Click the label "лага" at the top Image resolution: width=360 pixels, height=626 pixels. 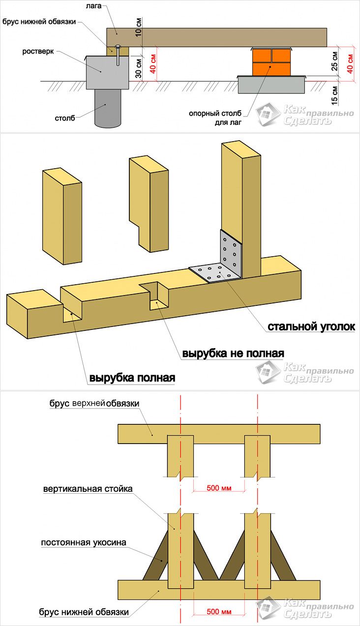(x=93, y=6)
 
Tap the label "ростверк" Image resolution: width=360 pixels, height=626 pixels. (x=38, y=52)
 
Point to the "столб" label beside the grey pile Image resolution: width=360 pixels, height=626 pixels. (x=65, y=118)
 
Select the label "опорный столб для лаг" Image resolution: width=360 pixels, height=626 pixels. (x=215, y=118)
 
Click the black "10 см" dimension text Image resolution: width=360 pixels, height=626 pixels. (x=138, y=27)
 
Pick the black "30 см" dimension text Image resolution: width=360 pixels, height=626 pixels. (x=138, y=68)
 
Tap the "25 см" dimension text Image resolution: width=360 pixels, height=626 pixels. (x=334, y=61)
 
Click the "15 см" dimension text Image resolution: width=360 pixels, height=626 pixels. (x=334, y=95)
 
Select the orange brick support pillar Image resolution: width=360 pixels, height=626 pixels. (x=271, y=62)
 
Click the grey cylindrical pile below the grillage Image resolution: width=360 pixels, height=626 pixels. (x=108, y=109)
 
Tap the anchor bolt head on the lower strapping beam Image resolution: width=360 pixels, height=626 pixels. (x=118, y=46)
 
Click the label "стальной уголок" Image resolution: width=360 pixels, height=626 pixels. (x=311, y=327)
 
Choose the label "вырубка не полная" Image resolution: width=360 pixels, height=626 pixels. (x=233, y=353)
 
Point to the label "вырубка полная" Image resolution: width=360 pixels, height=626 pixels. (x=132, y=378)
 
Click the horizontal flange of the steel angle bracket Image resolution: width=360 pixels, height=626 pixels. (x=214, y=272)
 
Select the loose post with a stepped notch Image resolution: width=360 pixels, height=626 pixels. (x=149, y=204)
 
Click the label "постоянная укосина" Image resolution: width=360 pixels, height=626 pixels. (x=84, y=542)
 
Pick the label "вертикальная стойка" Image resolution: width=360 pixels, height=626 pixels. (x=88, y=489)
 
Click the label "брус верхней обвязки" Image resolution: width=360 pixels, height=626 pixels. (x=94, y=403)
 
